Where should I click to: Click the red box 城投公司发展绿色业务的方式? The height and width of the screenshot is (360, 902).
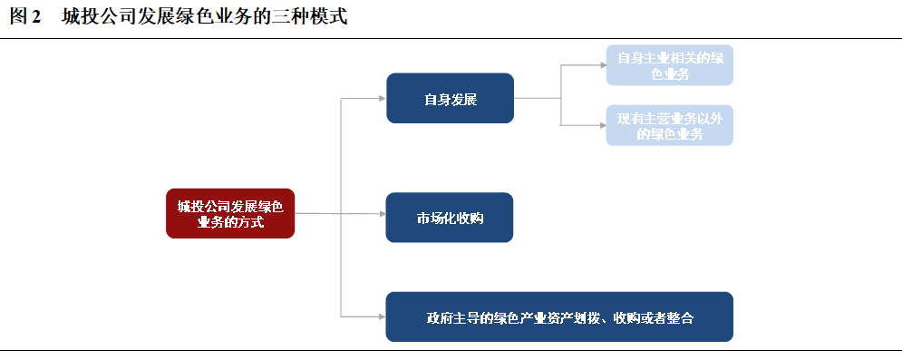click(x=230, y=213)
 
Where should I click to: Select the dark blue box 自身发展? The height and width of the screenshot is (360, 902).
click(x=450, y=98)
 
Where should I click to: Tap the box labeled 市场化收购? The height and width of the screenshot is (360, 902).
click(x=450, y=218)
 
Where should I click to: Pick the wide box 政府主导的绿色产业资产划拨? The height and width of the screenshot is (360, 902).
click(x=559, y=316)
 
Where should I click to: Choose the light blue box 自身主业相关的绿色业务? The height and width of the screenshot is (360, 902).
click(x=670, y=65)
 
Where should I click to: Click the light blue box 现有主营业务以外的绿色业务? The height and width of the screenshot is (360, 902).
click(x=670, y=125)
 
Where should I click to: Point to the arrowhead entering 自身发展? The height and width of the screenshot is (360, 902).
click(x=382, y=99)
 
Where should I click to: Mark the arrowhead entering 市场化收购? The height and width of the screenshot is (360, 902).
click(x=382, y=214)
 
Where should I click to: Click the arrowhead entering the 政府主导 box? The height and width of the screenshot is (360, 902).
click(x=382, y=316)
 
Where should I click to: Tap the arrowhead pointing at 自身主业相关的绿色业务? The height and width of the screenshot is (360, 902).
click(x=603, y=65)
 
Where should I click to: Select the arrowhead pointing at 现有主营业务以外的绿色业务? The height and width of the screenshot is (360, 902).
click(x=603, y=125)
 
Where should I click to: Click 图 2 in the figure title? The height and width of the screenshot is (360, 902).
click(x=25, y=16)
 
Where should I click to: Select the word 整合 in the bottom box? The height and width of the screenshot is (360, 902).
click(x=680, y=318)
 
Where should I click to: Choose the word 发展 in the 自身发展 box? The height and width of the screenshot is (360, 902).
click(x=463, y=100)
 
